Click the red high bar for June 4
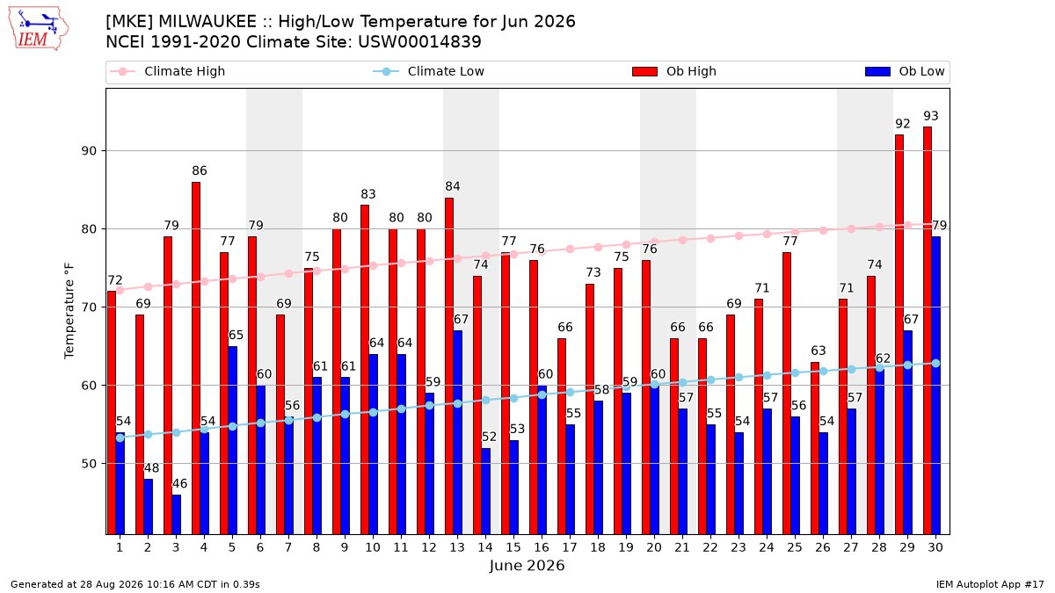(196, 358)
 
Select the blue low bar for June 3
(176, 515)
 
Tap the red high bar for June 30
(928, 330)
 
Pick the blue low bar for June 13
(457, 432)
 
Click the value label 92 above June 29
(902, 124)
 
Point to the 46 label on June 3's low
(179, 483)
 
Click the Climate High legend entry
(168, 71)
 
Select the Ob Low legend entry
(905, 71)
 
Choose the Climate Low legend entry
(429, 71)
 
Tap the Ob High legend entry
(674, 71)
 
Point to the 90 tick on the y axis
(90, 150)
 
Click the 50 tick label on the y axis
(90, 464)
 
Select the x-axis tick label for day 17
(570, 547)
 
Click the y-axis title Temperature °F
(69, 311)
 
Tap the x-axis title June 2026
(527, 565)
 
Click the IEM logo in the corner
(38, 29)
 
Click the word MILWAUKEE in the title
(207, 22)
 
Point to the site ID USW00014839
(419, 42)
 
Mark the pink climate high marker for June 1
(120, 291)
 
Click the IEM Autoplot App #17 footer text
(990, 584)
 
